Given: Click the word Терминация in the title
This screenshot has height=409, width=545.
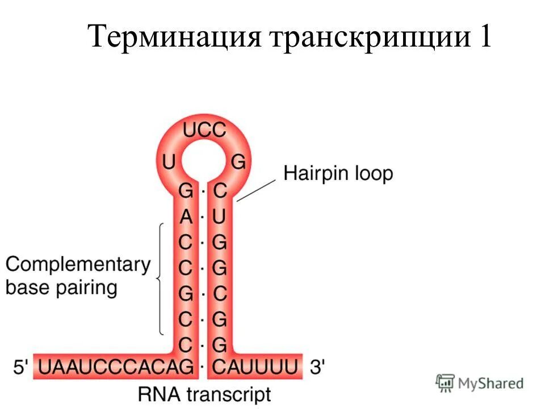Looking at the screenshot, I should click(x=173, y=38).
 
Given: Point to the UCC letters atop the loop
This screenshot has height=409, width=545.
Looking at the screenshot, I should click(x=204, y=130).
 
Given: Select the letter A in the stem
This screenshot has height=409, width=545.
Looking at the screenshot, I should click(x=186, y=216).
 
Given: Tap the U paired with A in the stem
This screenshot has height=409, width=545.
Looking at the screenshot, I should click(x=220, y=216).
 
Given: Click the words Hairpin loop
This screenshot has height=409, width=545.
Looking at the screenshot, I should click(x=338, y=173).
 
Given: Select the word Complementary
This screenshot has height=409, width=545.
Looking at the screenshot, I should click(x=78, y=264).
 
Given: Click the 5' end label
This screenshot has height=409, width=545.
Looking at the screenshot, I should click(x=20, y=367).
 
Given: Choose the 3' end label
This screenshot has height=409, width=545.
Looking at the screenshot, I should click(x=316, y=367).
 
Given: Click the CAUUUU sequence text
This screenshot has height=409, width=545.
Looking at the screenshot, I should click(x=255, y=367).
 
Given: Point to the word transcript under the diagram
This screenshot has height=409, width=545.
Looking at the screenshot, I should click(x=230, y=394).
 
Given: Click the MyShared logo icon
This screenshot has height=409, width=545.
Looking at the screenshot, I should click(x=446, y=383).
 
